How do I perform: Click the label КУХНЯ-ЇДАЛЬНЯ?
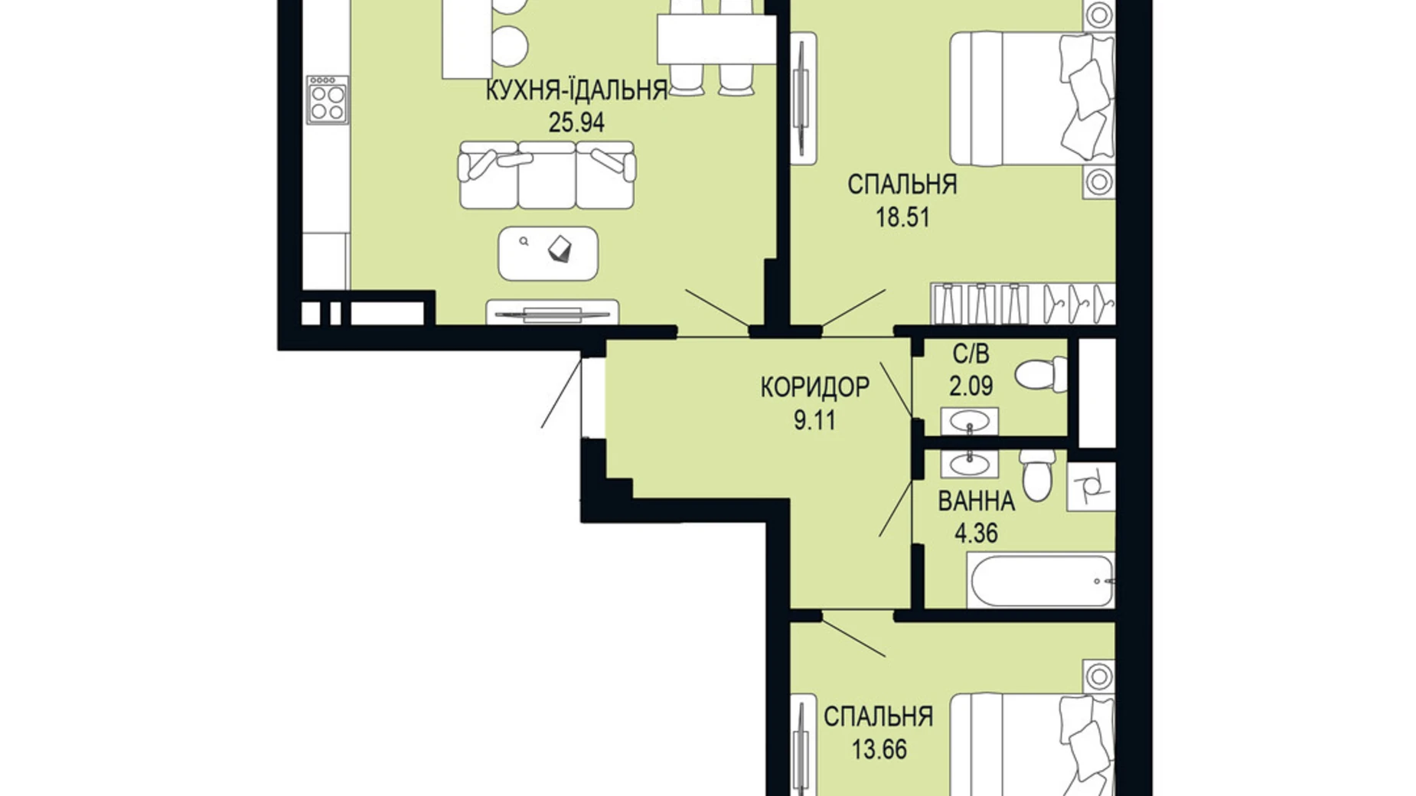click(576, 91)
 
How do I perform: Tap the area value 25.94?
click(576, 122)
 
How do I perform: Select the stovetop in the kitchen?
click(328, 100)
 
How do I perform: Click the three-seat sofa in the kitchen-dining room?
click(546, 175)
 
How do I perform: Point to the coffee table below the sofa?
click(548, 253)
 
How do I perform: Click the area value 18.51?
click(902, 218)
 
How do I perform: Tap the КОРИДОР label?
click(814, 387)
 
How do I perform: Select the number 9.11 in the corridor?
click(814, 420)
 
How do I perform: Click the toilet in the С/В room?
click(1042, 374)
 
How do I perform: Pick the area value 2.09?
click(971, 387)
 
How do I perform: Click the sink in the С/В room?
click(969, 422)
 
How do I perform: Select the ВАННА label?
click(976, 501)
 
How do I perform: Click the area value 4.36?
click(976, 533)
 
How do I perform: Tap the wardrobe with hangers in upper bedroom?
click(1023, 304)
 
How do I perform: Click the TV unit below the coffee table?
click(552, 312)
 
